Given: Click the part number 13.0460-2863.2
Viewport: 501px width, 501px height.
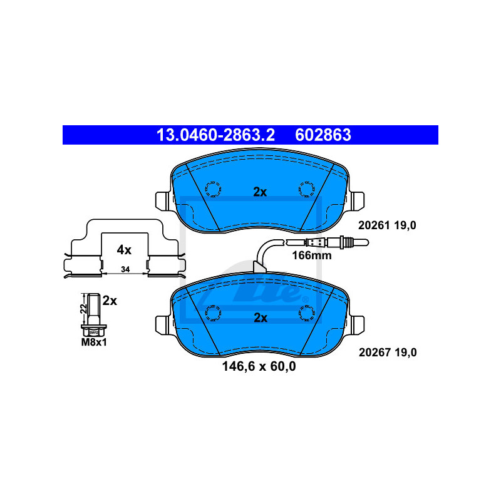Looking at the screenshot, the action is pos(215,135).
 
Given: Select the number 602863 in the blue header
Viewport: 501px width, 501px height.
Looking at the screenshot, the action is pos(323,135).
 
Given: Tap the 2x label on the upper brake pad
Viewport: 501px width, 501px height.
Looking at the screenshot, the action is pos(260,192).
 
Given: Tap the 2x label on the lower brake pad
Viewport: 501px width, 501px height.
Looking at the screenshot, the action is pos(260,318).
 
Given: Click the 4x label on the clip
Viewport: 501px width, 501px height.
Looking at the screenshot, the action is pos(124,250).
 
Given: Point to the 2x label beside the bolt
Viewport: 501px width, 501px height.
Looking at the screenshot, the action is pos(110,301).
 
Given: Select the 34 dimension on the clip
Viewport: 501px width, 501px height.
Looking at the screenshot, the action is pos(125,269).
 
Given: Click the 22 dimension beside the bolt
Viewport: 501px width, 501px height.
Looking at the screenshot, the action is pos(83,308).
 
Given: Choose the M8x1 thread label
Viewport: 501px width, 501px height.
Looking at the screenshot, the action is pos(94,342).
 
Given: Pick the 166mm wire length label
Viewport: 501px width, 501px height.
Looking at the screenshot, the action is pos(312,256).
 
